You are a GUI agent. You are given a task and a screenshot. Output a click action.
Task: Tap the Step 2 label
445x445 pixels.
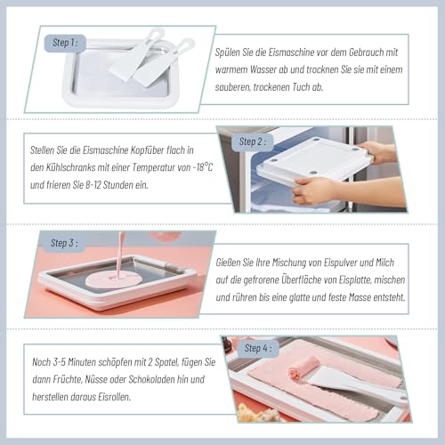pyautogui.click(x=253, y=141)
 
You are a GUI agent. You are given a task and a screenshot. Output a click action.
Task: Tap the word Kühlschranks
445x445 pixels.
pyautogui.click(x=72, y=167)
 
